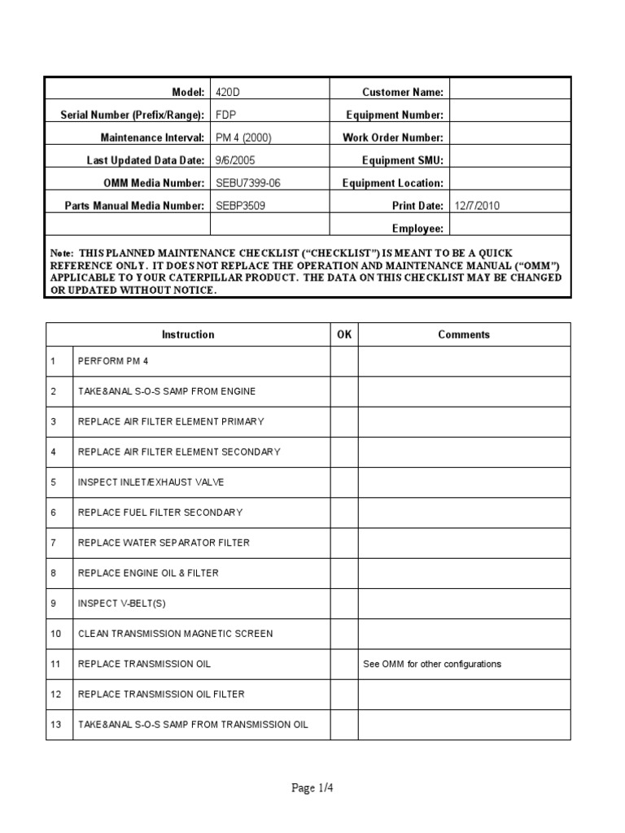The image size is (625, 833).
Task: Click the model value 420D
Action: pyautogui.click(x=228, y=93)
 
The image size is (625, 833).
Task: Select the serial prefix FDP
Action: pyautogui.click(x=225, y=116)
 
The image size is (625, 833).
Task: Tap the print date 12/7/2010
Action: pyautogui.click(x=478, y=206)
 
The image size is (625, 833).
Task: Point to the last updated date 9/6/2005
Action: pyautogui.click(x=234, y=161)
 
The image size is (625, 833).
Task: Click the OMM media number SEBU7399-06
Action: pyautogui.click(x=247, y=184)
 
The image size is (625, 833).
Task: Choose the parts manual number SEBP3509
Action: pyautogui.click(x=240, y=206)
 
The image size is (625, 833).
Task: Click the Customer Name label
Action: pyautogui.click(x=403, y=93)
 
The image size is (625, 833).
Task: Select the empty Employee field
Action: pyautogui.click(x=510, y=229)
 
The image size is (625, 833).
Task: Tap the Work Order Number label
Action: pyautogui.click(x=393, y=138)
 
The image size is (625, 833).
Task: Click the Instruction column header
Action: pyautogui.click(x=188, y=334)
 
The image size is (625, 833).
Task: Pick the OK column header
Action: pyautogui.click(x=344, y=334)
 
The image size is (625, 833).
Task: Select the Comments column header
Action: pyautogui.click(x=464, y=334)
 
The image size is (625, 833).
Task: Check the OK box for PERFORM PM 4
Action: pyautogui.click(x=344, y=360)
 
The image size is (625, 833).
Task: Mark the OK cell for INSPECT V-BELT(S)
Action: pyautogui.click(x=344, y=603)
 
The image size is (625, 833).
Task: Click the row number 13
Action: pyautogui.click(x=55, y=724)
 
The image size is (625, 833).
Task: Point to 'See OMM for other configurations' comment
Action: pyautogui.click(x=431, y=664)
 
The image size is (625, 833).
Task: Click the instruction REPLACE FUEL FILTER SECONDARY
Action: pyautogui.click(x=160, y=512)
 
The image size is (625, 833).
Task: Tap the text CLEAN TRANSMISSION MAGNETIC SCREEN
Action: pyautogui.click(x=175, y=633)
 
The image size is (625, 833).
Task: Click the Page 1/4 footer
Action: pyautogui.click(x=312, y=788)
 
